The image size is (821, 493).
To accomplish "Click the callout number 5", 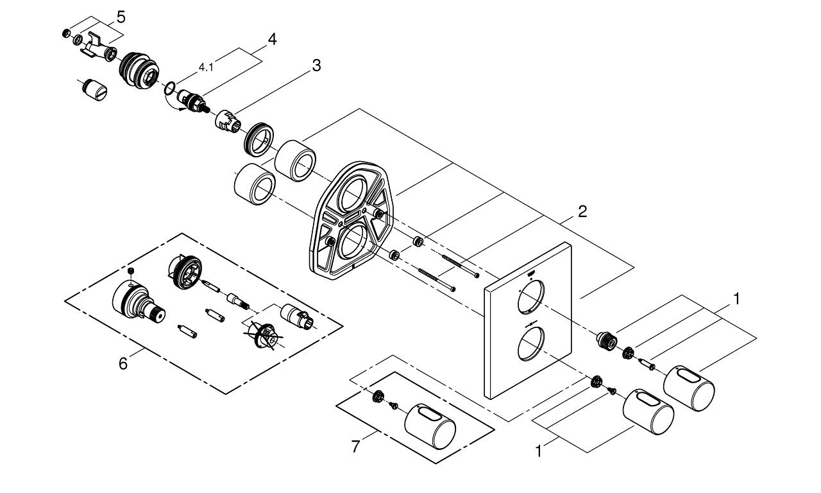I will point(121,15).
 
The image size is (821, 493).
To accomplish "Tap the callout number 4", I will point(272,39).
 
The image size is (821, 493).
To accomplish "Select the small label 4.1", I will point(207,67).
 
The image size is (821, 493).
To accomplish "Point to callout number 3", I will point(316,65).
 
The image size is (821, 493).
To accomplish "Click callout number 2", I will point(582,211).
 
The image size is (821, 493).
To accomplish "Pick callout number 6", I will point(123,363).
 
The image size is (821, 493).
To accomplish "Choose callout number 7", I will point(356,446).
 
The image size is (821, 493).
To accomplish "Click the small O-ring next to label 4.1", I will point(171,87).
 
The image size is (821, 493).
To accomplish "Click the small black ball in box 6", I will point(130,270).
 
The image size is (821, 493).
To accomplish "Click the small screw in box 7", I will point(394,404).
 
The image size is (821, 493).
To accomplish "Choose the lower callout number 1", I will point(539,452).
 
